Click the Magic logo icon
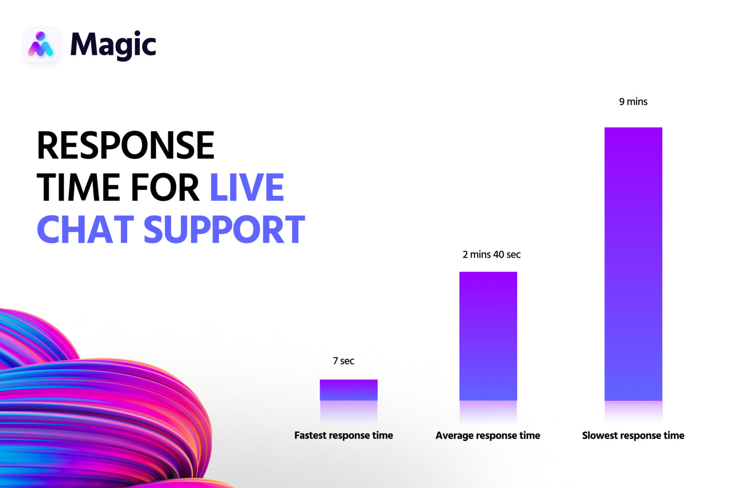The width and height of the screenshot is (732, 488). [x=41, y=45]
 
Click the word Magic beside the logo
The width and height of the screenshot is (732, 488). [x=113, y=45]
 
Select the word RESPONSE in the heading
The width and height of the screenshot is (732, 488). [x=125, y=145]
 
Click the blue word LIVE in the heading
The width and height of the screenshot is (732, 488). [x=247, y=187]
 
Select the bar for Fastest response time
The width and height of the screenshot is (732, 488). [x=349, y=390]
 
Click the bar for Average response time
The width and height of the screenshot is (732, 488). [x=488, y=336]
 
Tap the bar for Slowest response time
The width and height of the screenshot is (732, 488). [x=633, y=264]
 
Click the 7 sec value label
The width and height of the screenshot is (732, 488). [x=344, y=361]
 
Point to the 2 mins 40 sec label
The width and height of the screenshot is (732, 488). [x=491, y=254]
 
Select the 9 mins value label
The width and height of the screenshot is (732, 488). [x=633, y=102]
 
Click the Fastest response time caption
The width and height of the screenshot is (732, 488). [x=344, y=435]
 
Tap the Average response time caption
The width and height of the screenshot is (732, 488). [x=488, y=435]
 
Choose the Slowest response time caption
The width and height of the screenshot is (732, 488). [x=633, y=435]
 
